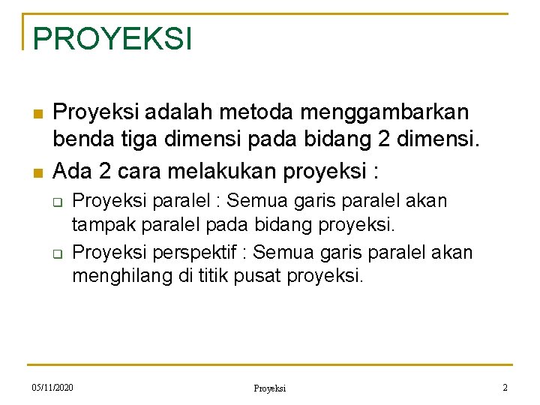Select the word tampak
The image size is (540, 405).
tap(101, 225)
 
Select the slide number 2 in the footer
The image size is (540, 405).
tap(505, 387)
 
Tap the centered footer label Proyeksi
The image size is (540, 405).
tap(269, 388)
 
